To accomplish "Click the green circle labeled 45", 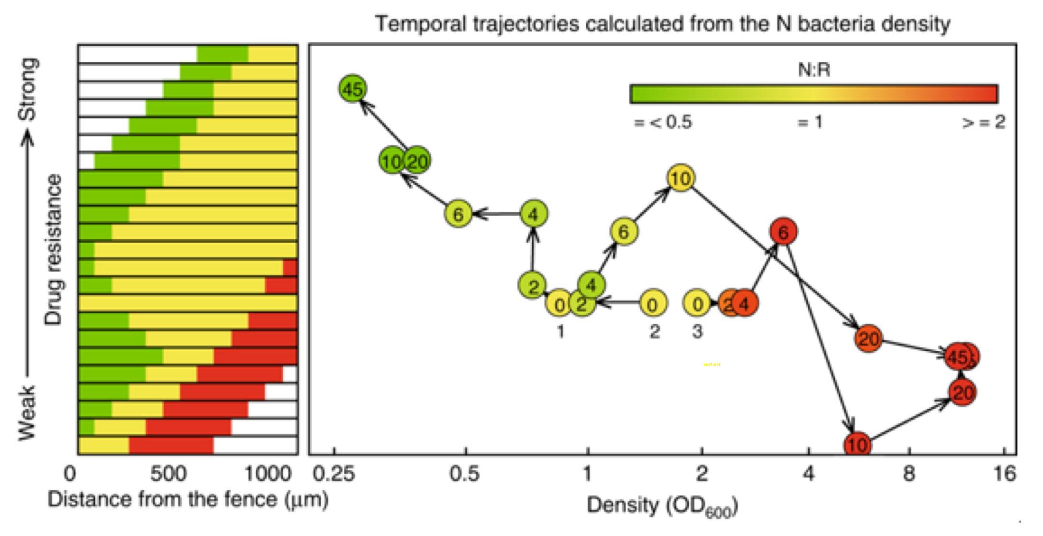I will coord(353,89).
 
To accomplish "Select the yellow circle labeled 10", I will coord(680,178).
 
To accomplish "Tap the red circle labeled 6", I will coord(783,233).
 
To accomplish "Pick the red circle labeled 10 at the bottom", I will coord(857,444).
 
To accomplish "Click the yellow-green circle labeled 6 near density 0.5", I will coord(458,214).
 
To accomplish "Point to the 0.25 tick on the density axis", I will coord(334,474).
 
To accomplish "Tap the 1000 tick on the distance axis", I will coord(267,474).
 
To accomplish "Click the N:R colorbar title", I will coord(814,70).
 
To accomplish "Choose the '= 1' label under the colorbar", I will coord(810,122).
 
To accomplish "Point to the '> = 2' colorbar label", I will coord(984,122).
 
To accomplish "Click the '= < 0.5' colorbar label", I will coord(663,122).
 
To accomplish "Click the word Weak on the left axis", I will coord(27,412).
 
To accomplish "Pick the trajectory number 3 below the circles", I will coord(697,331).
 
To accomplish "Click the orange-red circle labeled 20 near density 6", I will coord(868,339).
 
